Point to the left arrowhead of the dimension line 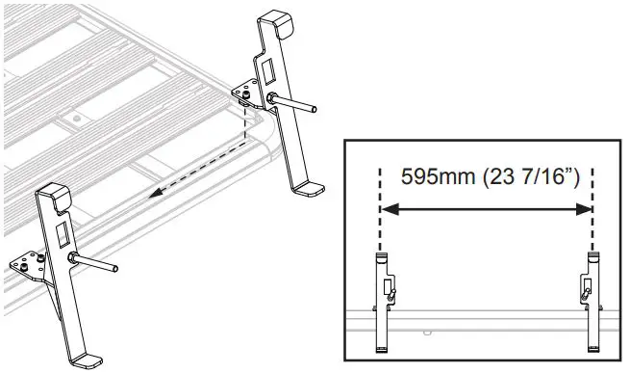[x=388, y=207]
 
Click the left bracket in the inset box [x=383, y=299]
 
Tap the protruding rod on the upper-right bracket [x=295, y=103]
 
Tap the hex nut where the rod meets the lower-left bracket [x=74, y=257]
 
